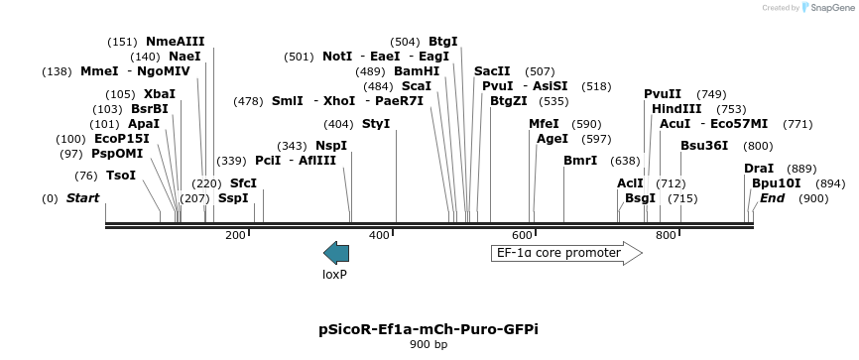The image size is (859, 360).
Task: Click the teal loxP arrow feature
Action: point(336,253)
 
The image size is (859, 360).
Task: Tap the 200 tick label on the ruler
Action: point(235,235)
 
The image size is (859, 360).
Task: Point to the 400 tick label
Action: point(379,235)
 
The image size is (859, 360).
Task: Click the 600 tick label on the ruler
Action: point(523,235)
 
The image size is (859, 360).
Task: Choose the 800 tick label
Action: point(666,235)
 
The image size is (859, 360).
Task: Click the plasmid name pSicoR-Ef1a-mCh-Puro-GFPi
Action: point(429,328)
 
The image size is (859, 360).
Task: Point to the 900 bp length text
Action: point(429,345)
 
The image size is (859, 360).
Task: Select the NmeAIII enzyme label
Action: point(175,42)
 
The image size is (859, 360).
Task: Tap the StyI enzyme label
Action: point(376,124)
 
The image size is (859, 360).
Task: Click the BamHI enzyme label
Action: point(417,71)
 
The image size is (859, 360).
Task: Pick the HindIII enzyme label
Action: point(676,109)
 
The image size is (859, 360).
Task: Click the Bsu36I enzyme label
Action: point(704,146)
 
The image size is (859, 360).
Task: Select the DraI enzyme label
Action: point(759,169)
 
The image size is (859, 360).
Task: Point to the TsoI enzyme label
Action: point(121,176)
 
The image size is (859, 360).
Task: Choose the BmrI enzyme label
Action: point(580,161)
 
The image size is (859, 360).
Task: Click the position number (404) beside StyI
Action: point(338,124)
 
